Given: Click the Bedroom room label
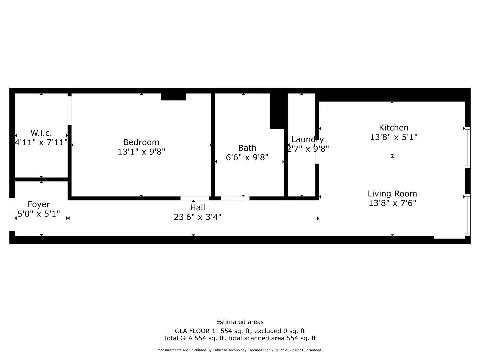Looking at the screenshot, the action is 141,142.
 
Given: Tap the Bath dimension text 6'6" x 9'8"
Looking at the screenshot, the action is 247,157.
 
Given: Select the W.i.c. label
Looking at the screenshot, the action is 41,133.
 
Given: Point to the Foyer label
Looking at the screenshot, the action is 39,204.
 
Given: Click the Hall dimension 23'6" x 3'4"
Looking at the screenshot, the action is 197,217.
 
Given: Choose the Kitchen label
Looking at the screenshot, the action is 394,128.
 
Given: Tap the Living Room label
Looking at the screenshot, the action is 392,194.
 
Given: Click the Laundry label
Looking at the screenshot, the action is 307,139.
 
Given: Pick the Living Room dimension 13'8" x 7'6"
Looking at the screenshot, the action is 392,203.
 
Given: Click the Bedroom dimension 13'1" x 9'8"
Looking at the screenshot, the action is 141,152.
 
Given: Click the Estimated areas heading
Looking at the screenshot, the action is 240,322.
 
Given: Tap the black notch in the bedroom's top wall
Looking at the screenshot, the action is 173,97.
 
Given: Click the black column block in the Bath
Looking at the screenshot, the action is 279,111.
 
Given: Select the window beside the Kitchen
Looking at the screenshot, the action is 468,148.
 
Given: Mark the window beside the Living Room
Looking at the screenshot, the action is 468,215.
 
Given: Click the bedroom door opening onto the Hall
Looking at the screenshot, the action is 195,198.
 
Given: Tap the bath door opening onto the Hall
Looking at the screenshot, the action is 235,198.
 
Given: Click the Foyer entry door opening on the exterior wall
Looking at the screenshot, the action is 12,214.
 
